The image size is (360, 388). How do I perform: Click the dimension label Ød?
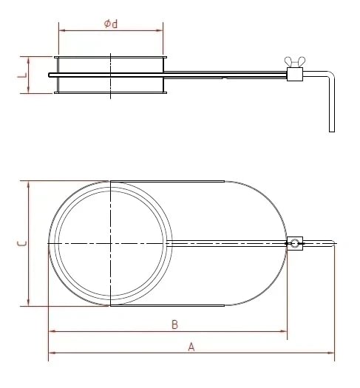coord(111,24)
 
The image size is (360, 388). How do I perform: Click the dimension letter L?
coord(22,74)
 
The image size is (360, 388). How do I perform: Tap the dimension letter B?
coord(174,324)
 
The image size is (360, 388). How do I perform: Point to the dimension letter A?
coord(191,346)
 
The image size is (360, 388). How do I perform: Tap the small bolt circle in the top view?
coord(295,243)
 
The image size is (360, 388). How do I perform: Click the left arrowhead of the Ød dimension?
coord(61,30)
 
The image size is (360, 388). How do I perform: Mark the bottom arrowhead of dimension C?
coord(29,303)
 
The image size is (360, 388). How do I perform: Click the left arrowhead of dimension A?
coord(51,353)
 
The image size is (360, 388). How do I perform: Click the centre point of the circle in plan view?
coord(110,243)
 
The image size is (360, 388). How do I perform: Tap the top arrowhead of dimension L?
coord(28,58)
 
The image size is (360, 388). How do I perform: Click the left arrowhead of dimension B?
coord(51,333)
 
